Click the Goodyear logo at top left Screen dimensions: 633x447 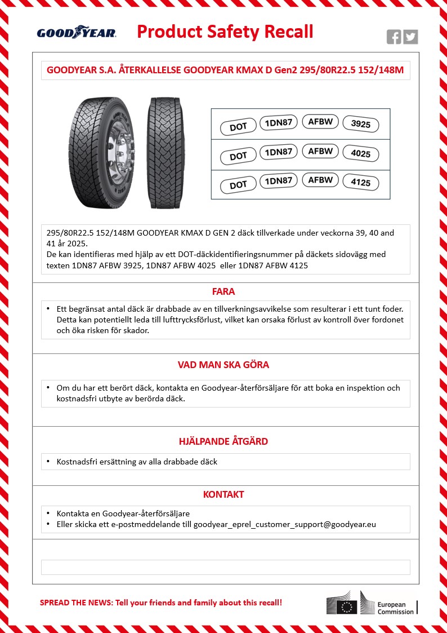point(77,33)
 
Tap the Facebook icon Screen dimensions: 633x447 point(394,37)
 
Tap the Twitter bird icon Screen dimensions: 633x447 point(411,37)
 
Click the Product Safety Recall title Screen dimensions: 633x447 point(225,32)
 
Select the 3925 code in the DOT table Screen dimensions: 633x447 point(360,125)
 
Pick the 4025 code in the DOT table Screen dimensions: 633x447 point(360,154)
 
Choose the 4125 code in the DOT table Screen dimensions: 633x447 point(360,183)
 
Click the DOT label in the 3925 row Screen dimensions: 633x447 point(238,127)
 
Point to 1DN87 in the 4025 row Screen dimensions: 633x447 point(278,152)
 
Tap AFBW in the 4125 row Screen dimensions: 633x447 point(320,180)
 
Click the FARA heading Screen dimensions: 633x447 point(223,292)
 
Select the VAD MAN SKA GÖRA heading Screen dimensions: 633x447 point(223,365)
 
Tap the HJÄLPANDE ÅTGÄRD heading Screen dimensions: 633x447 point(223,441)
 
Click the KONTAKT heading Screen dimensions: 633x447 point(223,494)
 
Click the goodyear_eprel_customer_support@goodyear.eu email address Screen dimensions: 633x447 point(284,524)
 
